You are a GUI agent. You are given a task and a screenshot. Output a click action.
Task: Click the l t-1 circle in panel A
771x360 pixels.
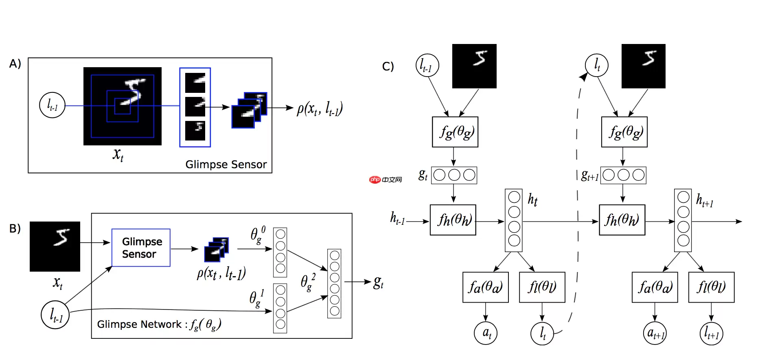52,105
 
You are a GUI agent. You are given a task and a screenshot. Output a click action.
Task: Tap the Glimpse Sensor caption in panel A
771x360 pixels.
226,165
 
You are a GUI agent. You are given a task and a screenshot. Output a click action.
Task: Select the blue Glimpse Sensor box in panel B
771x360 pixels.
141,248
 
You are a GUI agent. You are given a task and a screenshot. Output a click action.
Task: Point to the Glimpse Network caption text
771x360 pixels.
159,325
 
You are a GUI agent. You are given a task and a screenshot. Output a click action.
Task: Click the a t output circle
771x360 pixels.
486,333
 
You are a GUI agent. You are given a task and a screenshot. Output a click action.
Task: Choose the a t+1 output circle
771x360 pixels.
655,333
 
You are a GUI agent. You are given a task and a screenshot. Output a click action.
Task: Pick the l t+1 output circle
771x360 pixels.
711,334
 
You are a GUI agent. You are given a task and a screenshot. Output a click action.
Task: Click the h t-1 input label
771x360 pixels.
397,219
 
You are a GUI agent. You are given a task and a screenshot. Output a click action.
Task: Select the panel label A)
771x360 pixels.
15,64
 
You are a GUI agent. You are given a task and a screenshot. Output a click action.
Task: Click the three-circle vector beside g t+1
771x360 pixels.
623,175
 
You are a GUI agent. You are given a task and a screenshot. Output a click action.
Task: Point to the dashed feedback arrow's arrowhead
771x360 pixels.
584,76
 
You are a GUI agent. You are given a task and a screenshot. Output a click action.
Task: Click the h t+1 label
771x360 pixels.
704,200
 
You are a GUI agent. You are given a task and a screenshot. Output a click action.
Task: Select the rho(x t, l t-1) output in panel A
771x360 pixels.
320,109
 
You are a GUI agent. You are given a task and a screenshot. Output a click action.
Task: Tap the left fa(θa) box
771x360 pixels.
486,287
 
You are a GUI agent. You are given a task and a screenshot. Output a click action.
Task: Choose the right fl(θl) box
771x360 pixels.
711,287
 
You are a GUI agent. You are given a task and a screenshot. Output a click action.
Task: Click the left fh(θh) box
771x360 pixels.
453,220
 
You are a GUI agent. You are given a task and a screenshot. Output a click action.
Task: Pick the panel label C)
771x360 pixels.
388,66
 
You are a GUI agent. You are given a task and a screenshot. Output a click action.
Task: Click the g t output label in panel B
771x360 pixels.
378,282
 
